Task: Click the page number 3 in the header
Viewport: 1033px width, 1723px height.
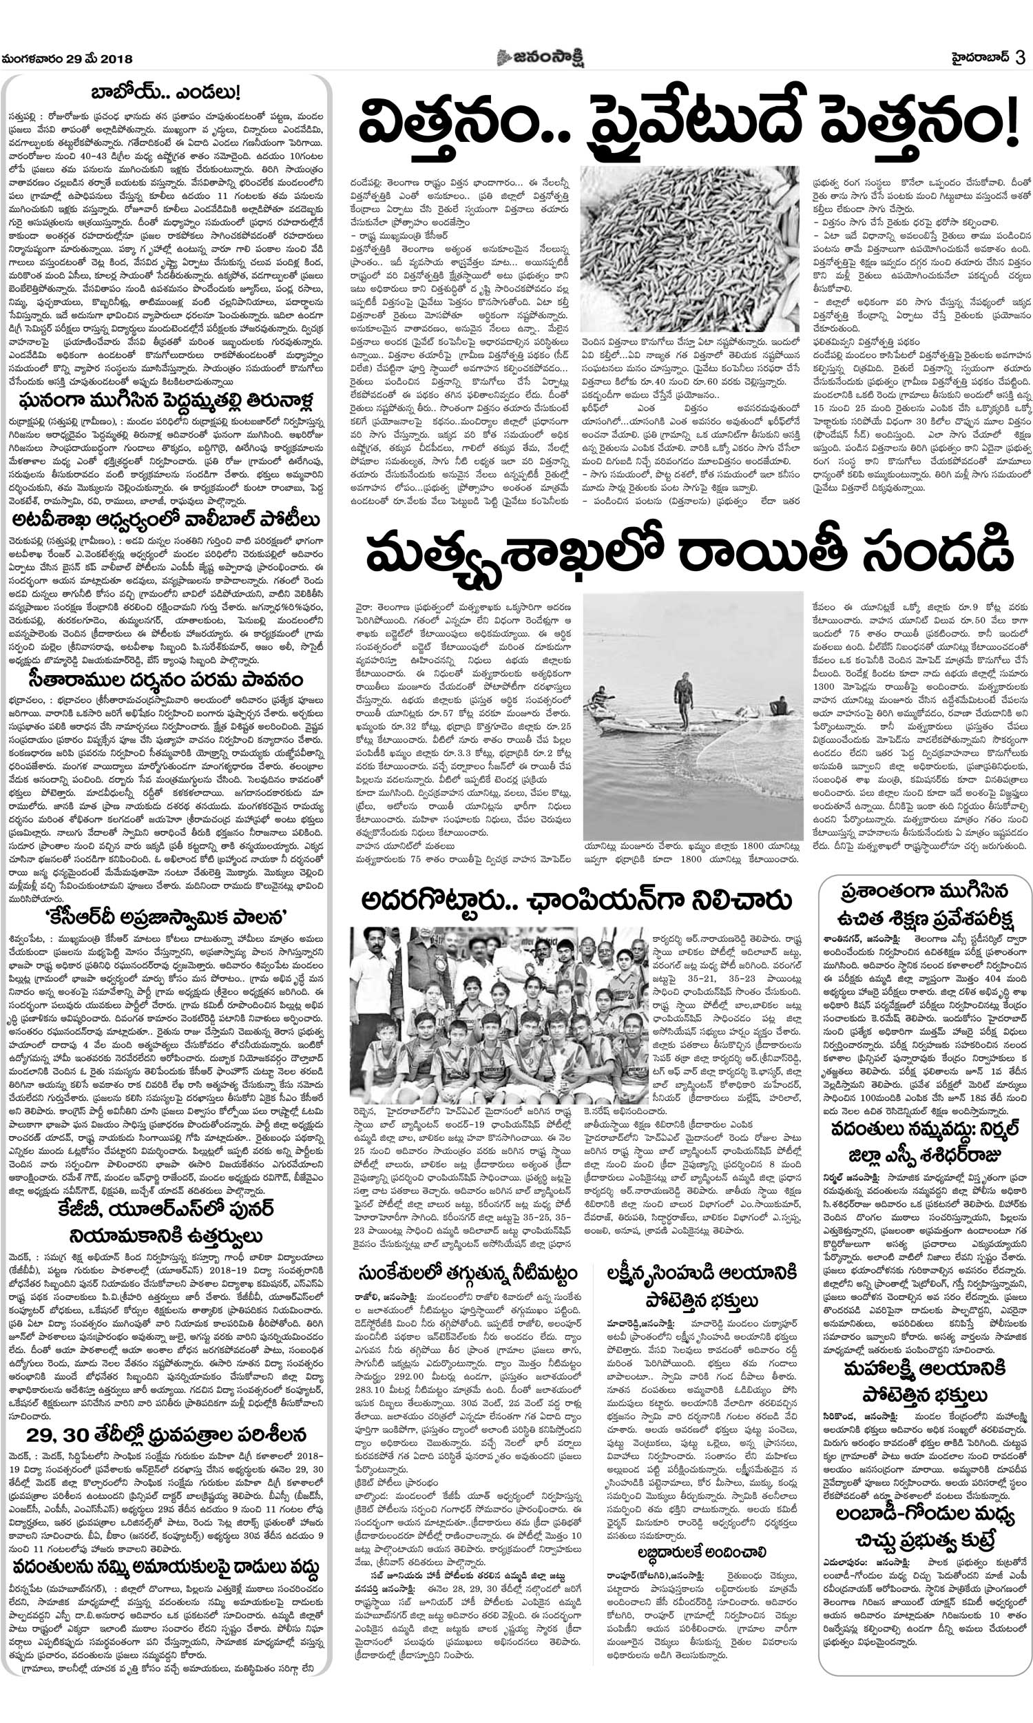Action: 1020,59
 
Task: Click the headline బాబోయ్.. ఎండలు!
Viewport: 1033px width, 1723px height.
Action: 167,92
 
